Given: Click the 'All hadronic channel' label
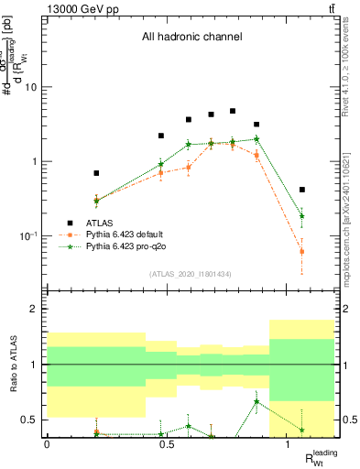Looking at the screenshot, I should tap(191, 38).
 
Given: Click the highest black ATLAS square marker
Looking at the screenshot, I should tap(233, 111).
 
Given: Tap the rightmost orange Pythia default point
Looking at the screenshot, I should tap(301, 251).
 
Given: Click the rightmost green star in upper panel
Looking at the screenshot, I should tap(301, 216).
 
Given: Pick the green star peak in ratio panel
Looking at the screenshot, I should tap(256, 401).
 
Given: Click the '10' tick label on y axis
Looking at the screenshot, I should tap(30, 88).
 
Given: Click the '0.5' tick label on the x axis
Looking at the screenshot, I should tap(167, 443).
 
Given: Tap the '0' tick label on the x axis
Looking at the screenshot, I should tap(47, 443).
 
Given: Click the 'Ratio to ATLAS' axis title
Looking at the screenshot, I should tap(12, 365).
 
